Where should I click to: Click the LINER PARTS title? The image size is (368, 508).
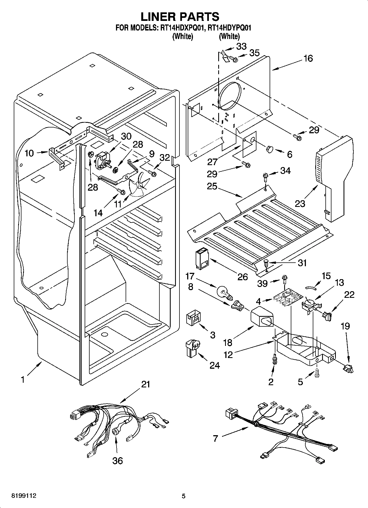(x=180, y=17)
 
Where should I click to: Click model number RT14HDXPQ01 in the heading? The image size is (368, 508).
(x=181, y=28)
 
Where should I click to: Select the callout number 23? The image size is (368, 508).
(x=300, y=204)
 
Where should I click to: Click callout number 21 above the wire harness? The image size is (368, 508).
(x=145, y=384)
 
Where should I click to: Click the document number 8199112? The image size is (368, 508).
(x=24, y=496)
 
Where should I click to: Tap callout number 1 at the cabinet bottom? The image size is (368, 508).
(x=23, y=380)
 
